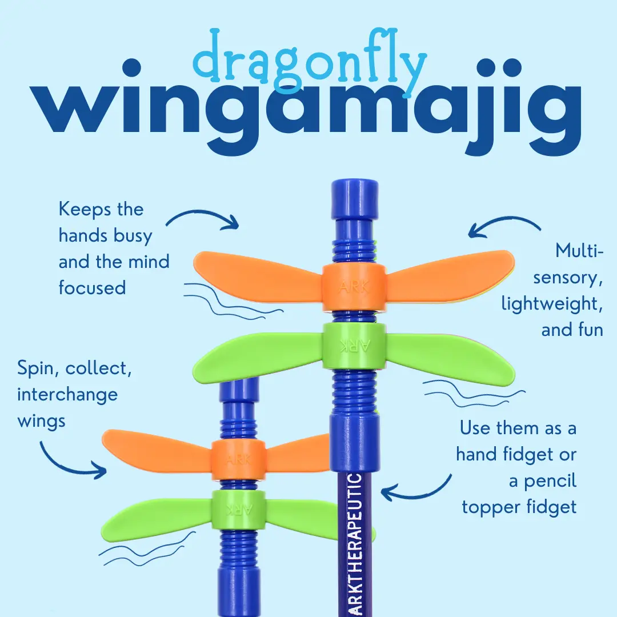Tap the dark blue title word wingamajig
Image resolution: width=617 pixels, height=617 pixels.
point(305,106)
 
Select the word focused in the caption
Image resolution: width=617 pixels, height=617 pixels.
point(92,287)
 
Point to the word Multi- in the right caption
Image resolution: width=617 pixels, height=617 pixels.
point(579,250)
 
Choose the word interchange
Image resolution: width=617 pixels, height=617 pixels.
point(67,394)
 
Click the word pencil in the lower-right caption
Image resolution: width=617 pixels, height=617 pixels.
point(550,481)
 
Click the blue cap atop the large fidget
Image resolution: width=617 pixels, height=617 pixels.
point(355,199)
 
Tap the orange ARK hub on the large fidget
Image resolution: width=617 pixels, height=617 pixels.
point(354,287)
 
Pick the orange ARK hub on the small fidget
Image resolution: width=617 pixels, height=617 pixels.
point(238,460)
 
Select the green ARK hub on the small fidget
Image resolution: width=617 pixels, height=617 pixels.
point(238,510)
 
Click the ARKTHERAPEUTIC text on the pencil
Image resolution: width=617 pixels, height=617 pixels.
point(354,545)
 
